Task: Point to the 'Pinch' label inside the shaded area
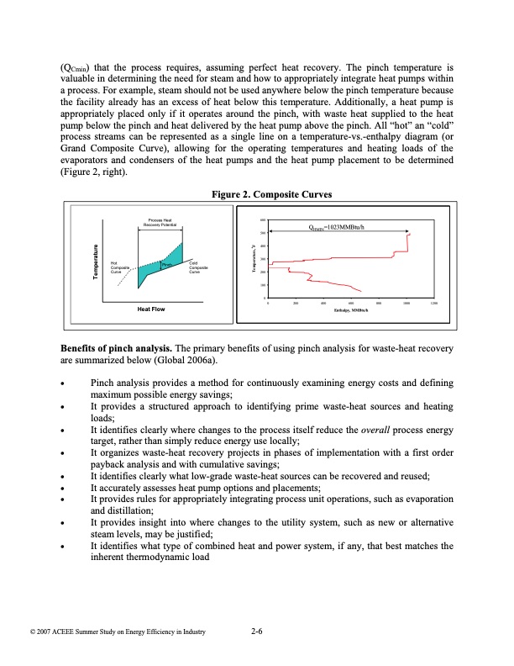point(166,265)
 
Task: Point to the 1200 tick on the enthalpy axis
point(433,303)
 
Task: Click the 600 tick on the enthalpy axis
point(351,303)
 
